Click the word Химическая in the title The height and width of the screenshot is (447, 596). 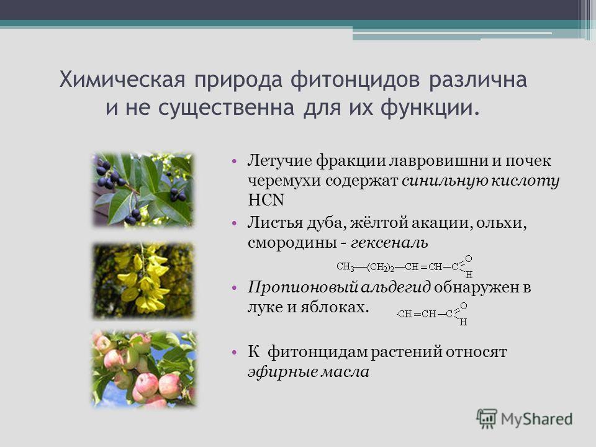click(122, 80)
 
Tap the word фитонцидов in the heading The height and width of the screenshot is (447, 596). click(356, 80)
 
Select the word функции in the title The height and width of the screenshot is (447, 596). click(430, 108)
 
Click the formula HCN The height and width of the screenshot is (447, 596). click(266, 200)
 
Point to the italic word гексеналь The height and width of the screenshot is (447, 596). click(390, 243)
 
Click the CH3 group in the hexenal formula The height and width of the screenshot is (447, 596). click(345, 267)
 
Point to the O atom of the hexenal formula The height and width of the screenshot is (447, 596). click(469, 259)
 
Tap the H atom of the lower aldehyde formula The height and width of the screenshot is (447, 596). click(463, 322)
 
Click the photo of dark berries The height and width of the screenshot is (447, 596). click(143, 190)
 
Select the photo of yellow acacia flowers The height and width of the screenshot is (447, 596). click(143, 280)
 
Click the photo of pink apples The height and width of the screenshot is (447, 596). click(144, 369)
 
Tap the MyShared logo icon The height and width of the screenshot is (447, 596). click(487, 419)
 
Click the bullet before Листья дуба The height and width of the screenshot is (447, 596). click(234, 223)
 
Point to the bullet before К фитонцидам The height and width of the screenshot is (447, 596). click(234, 353)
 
